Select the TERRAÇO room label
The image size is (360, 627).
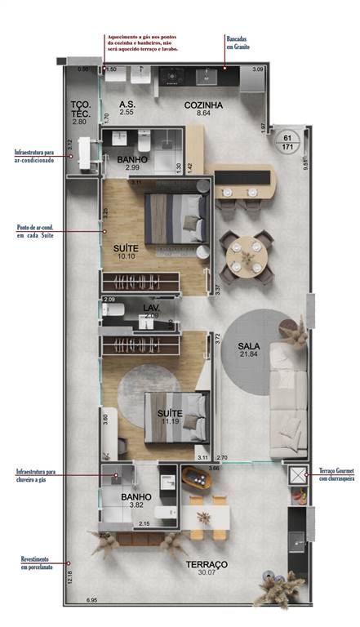click(206, 564)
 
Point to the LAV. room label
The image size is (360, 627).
click(151, 308)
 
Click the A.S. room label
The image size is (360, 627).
click(127, 105)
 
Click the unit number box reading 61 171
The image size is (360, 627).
click(287, 141)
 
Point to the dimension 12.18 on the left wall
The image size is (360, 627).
click(70, 577)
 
